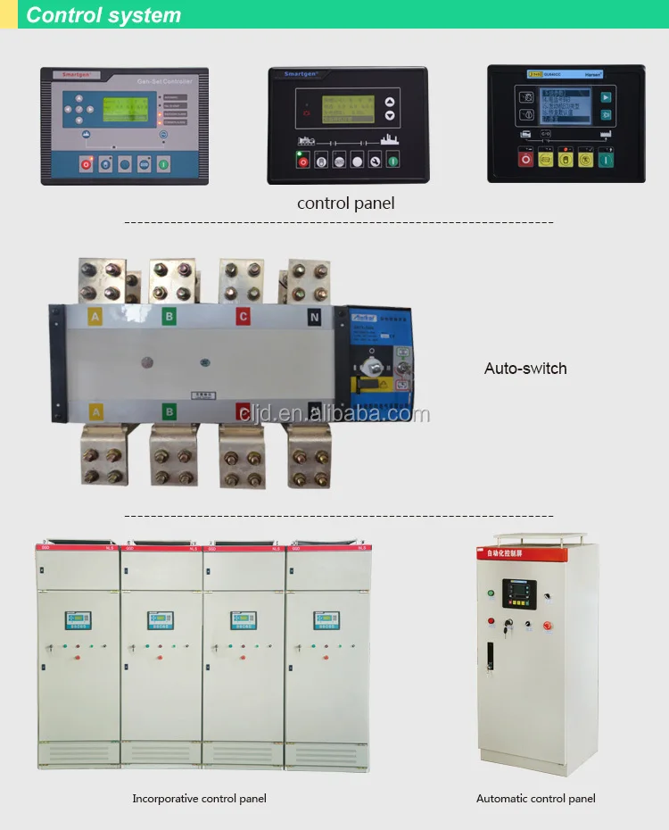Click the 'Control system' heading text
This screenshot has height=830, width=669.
103,15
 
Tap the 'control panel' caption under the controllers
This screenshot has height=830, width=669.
345,203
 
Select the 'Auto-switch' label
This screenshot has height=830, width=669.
525,368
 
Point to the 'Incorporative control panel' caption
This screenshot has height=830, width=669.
199,799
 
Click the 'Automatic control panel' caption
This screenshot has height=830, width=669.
535,799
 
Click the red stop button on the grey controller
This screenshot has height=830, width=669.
87,164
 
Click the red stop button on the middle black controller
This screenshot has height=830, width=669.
301,162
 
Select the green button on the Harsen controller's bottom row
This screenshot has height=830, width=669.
607,159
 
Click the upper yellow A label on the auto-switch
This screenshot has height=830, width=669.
95,315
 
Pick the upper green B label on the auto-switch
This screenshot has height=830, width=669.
169,315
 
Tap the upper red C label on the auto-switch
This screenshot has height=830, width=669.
243,315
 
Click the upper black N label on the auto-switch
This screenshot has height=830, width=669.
314,315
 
